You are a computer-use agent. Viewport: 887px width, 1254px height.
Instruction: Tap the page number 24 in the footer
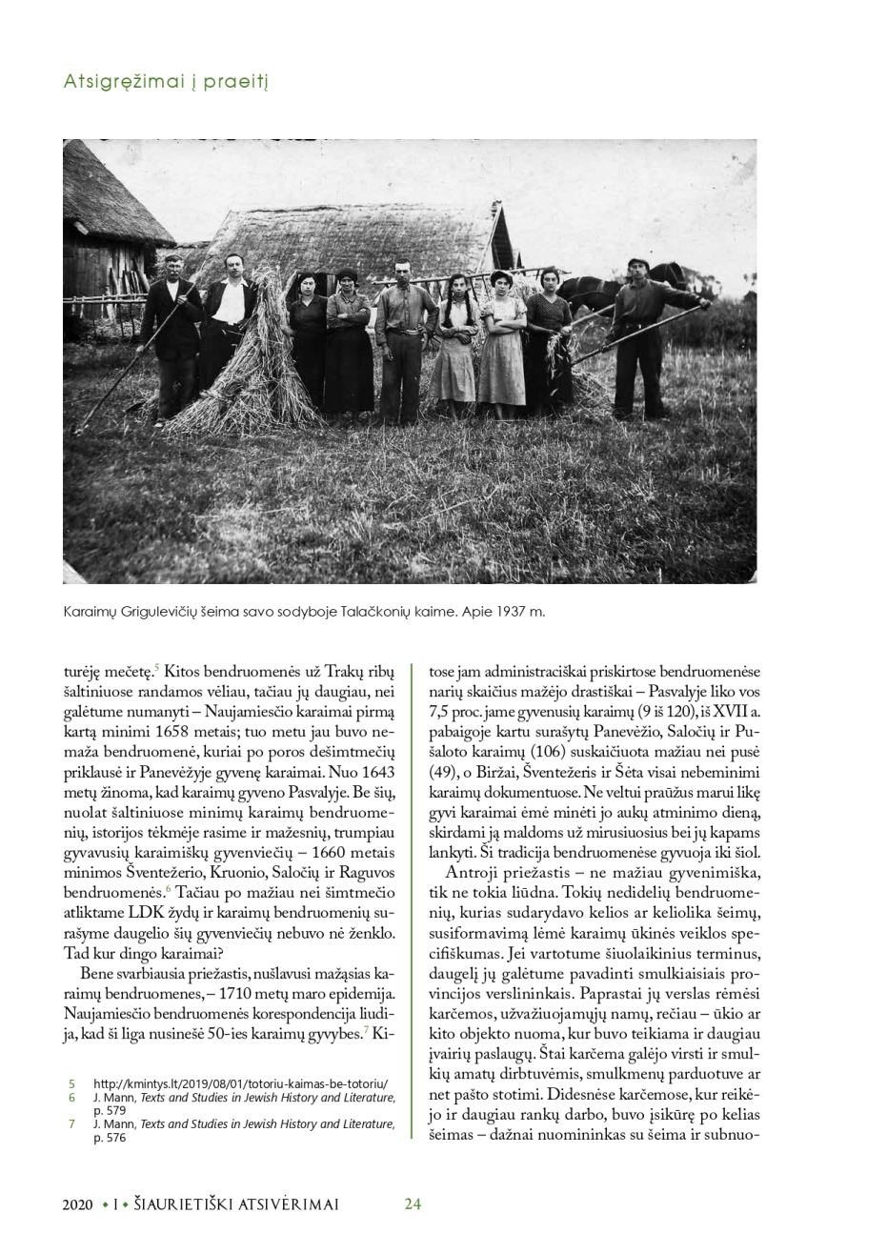[x=413, y=1203]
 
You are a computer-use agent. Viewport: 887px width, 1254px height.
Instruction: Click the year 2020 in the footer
[x=78, y=1204]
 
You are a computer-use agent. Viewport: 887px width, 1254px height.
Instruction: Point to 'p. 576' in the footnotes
[x=110, y=1137]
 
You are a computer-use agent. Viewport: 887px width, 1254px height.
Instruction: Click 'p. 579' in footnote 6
[x=110, y=1110]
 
